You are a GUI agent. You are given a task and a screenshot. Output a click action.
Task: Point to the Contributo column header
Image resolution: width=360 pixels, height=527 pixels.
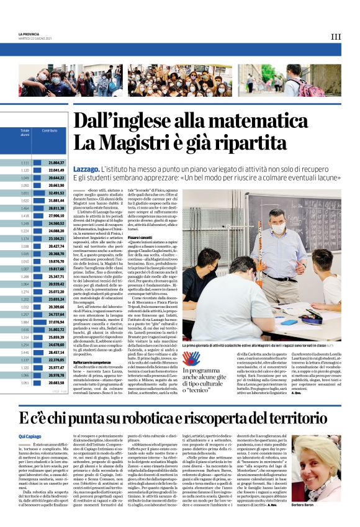[50, 130]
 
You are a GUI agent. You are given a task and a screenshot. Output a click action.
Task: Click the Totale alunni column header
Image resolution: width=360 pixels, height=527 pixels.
[25, 133]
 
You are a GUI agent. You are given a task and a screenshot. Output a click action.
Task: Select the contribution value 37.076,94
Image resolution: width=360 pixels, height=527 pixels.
[56, 322]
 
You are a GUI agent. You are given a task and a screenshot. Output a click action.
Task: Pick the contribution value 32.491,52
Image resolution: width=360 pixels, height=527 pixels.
[56, 192]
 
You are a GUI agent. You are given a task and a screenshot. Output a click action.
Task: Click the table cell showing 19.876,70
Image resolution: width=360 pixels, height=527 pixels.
[56, 261]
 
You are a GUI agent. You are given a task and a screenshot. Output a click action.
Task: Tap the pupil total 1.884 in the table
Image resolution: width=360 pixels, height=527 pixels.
[25, 322]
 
